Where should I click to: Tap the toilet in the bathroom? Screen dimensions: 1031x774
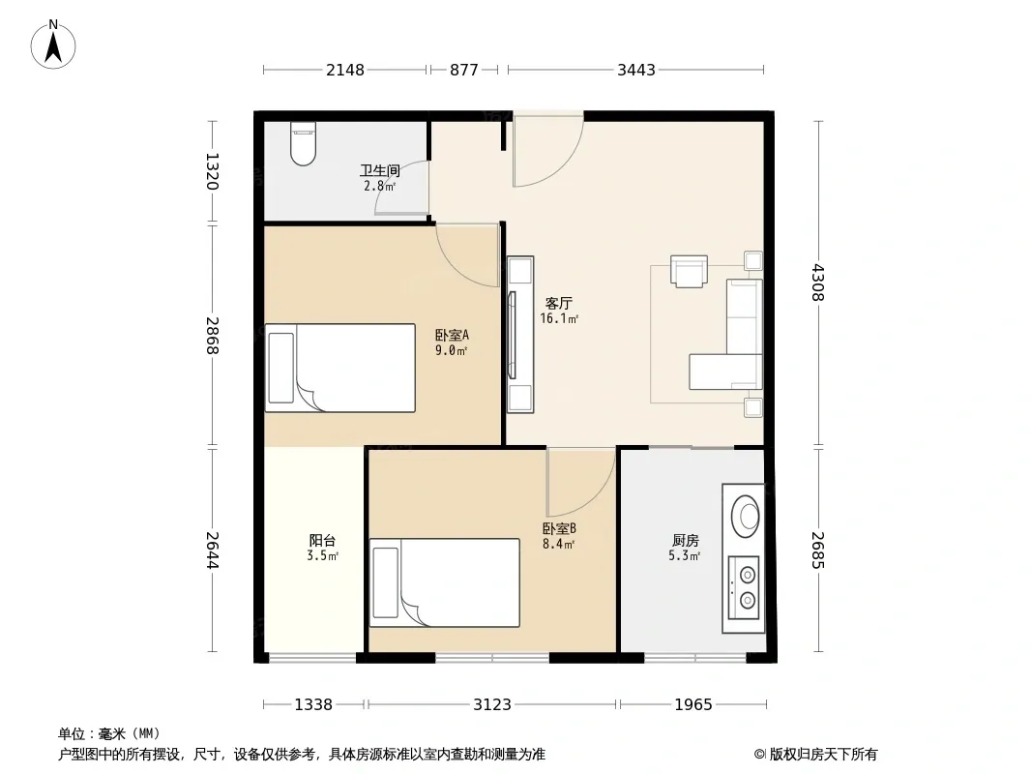tap(303, 143)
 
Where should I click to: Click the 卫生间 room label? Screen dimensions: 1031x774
tap(380, 170)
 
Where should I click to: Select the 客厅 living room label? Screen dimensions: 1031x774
tap(559, 303)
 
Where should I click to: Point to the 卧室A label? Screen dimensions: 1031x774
tap(452, 335)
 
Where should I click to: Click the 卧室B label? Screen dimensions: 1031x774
tap(560, 528)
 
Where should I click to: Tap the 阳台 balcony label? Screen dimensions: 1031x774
tap(322, 540)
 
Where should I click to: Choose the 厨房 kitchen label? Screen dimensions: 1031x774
tap(685, 540)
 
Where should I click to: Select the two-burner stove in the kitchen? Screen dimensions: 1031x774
tap(744, 587)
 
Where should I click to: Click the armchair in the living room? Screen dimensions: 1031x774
tap(689, 271)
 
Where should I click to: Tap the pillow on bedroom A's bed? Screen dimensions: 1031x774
tap(281, 368)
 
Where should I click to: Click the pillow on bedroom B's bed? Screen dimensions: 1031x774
tap(385, 582)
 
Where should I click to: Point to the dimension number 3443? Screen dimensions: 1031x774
tap(635, 70)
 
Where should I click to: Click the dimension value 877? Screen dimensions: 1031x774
tap(464, 70)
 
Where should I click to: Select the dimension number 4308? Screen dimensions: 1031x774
tap(818, 283)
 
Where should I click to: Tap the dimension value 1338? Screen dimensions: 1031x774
tap(313, 705)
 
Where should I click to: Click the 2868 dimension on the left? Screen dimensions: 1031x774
tap(212, 336)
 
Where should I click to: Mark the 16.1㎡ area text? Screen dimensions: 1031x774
tap(559, 319)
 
